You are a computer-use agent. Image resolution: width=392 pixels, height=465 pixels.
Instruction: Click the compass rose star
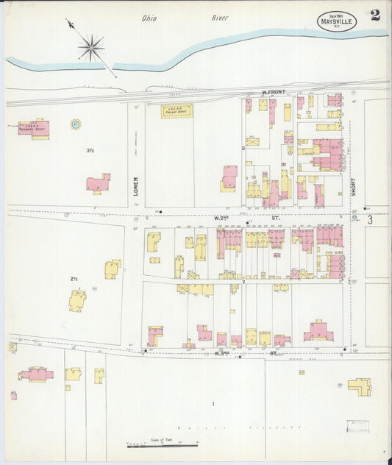click(91, 49)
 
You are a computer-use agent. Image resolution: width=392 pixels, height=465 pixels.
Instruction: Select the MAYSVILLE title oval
click(337, 21)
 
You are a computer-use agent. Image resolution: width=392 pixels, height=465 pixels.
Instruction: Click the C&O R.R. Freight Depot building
click(177, 111)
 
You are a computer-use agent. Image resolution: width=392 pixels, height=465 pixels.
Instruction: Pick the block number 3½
click(90, 151)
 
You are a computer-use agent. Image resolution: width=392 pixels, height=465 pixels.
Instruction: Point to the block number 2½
click(74, 279)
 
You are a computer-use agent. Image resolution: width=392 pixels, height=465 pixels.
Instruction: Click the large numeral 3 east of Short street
click(370, 219)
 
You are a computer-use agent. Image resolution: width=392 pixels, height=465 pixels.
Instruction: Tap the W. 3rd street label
click(223, 354)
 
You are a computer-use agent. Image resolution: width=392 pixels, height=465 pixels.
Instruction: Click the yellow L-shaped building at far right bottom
click(360, 386)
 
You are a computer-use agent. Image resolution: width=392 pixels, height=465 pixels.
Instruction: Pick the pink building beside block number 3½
click(98, 182)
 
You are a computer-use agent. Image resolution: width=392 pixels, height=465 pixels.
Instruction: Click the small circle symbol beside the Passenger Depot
click(75, 124)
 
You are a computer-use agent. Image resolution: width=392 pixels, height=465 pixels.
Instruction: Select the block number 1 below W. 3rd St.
click(213, 403)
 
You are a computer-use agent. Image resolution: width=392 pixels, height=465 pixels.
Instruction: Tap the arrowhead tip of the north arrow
click(68, 21)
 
